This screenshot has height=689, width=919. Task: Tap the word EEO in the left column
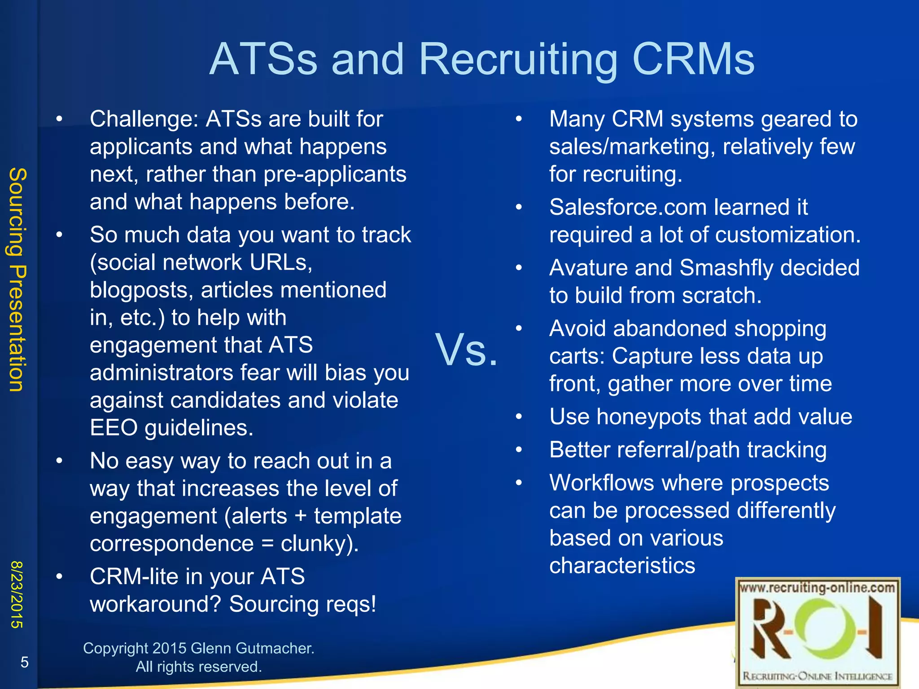tap(114, 428)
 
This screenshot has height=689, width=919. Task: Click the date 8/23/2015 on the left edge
tap(17, 594)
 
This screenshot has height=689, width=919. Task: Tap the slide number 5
tap(25, 662)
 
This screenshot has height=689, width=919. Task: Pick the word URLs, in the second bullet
tap(281, 263)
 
